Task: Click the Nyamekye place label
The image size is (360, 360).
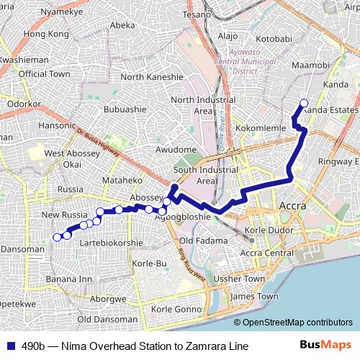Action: [x=62, y=12]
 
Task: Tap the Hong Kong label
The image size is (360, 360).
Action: [x=45, y=34]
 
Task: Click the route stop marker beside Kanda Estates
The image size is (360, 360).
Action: [x=303, y=103]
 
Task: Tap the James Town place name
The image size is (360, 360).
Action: [x=254, y=296]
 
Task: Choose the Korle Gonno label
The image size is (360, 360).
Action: [x=175, y=310]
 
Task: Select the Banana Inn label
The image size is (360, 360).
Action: [x=69, y=279]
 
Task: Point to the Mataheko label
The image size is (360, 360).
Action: [x=122, y=180]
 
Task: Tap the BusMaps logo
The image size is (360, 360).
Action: [x=325, y=346]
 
